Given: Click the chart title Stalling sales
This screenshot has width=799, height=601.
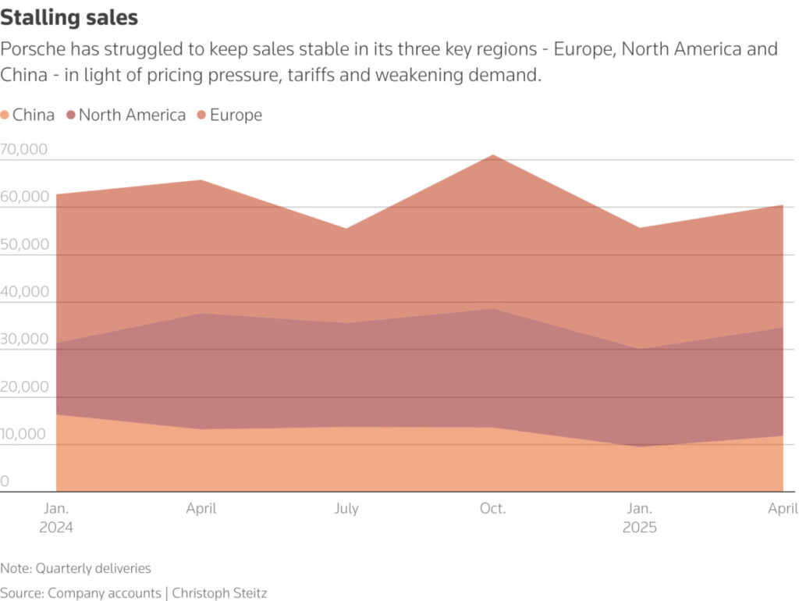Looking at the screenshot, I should (x=69, y=17).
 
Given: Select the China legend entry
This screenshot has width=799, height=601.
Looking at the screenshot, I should (x=28, y=116).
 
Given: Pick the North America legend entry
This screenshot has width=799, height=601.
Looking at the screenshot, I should (x=126, y=116).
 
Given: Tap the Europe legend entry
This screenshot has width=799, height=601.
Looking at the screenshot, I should (x=230, y=116).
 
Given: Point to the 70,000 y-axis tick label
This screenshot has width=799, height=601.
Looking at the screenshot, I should (x=24, y=149).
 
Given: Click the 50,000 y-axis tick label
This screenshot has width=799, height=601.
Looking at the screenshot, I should (x=24, y=244).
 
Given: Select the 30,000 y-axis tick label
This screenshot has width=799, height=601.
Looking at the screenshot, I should (x=24, y=340).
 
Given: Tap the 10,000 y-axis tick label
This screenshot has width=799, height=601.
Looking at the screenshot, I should (x=24, y=435).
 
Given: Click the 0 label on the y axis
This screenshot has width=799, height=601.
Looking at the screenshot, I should (x=5, y=482).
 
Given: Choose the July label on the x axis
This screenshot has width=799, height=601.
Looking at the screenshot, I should (x=346, y=508).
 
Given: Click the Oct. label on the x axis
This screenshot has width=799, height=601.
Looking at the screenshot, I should (x=492, y=508).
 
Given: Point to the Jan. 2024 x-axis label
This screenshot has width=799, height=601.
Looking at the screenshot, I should (x=56, y=517).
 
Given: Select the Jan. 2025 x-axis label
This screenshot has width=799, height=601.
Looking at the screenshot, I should (x=639, y=517).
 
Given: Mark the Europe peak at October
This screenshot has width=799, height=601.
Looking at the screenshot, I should (x=493, y=155).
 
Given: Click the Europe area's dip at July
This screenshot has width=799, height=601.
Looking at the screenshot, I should (x=346, y=229).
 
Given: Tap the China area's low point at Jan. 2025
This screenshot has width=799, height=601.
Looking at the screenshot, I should (x=639, y=446).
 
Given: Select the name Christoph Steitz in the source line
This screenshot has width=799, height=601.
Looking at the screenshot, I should (x=221, y=593).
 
